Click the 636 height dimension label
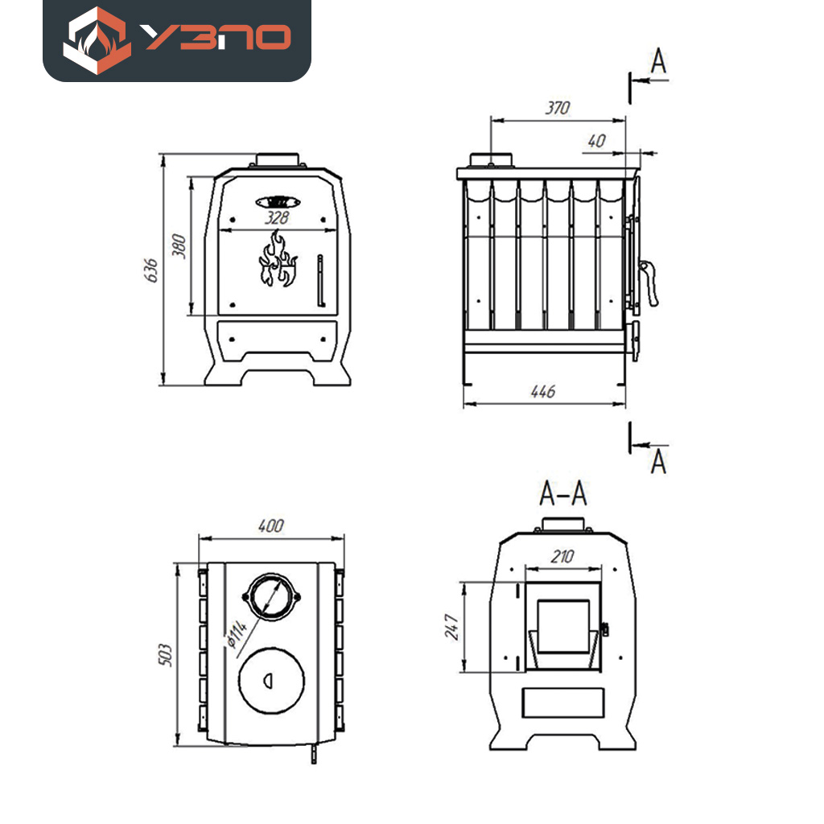point(150,270)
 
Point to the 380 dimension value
point(179,246)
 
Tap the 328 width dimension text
point(277,217)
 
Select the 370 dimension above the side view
point(558,108)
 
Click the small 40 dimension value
point(597,141)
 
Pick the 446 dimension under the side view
point(543,392)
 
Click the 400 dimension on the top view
point(271,525)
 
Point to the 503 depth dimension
point(165,654)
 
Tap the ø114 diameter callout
point(237,634)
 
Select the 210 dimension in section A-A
point(562,557)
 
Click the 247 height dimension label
point(451,626)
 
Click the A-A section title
point(562,493)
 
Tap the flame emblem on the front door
point(278,258)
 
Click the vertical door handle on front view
point(320,281)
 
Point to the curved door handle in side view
point(649,282)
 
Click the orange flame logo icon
point(97,40)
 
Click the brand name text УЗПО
point(216,37)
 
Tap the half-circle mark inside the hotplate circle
point(268,681)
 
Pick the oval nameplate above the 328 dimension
point(278,202)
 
